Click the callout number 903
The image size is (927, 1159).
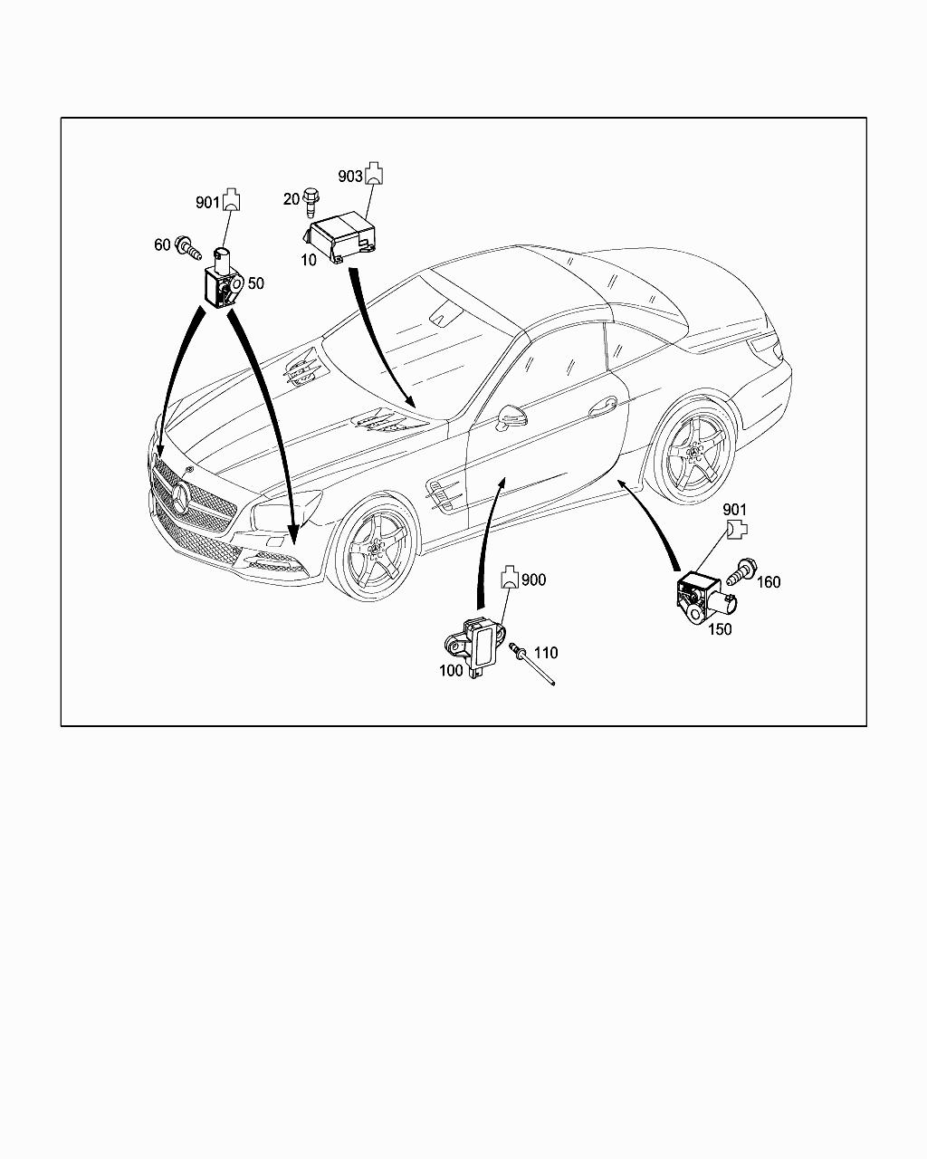(350, 176)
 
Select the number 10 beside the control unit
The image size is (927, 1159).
(308, 260)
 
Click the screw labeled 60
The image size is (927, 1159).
(188, 248)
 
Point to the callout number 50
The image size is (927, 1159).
(256, 283)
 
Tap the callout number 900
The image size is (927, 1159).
(534, 579)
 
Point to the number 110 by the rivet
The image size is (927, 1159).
(546, 653)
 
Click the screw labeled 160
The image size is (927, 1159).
(742, 572)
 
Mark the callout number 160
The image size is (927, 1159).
(769, 582)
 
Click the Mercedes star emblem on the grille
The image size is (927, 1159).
(180, 499)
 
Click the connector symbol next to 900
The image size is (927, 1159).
(510, 577)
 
